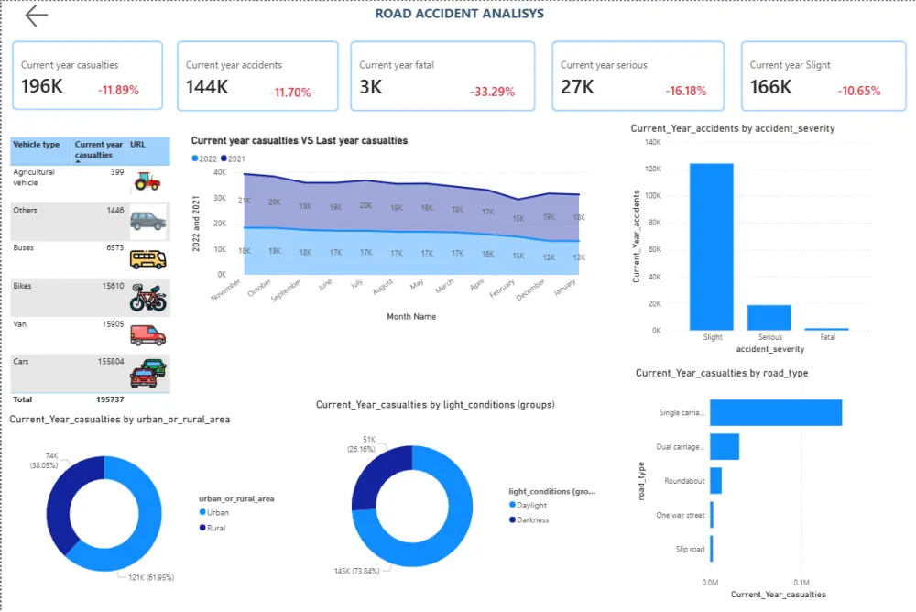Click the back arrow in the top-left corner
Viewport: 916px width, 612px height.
tap(36, 16)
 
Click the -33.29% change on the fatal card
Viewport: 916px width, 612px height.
tap(492, 92)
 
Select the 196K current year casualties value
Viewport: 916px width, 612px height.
tap(42, 87)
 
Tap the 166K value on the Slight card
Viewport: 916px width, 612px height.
tap(770, 87)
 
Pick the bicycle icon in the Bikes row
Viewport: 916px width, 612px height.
tap(147, 298)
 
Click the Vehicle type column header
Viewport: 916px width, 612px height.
tap(37, 145)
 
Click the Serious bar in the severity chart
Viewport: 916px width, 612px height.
tap(769, 317)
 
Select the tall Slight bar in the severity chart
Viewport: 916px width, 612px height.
tap(712, 246)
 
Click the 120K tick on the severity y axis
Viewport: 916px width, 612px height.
tap(652, 169)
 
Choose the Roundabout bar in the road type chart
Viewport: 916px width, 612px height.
tap(716, 481)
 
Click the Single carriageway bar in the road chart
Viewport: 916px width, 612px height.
tap(775, 413)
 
